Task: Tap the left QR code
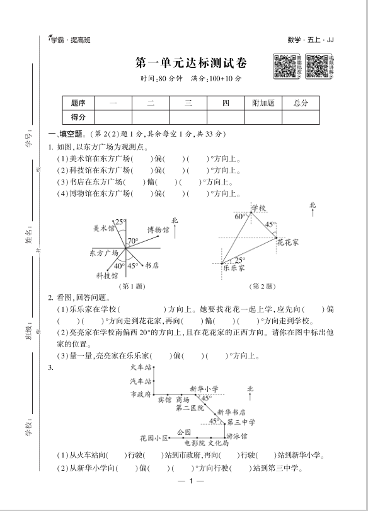[x=285, y=65]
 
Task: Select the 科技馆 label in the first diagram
[x=106, y=275]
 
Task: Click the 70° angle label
[x=132, y=241]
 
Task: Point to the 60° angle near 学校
[x=240, y=216]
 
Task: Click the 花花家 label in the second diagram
[x=287, y=241]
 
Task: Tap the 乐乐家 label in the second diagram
[x=233, y=267]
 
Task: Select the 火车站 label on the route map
[x=141, y=367]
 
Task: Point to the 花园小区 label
[x=154, y=437]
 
